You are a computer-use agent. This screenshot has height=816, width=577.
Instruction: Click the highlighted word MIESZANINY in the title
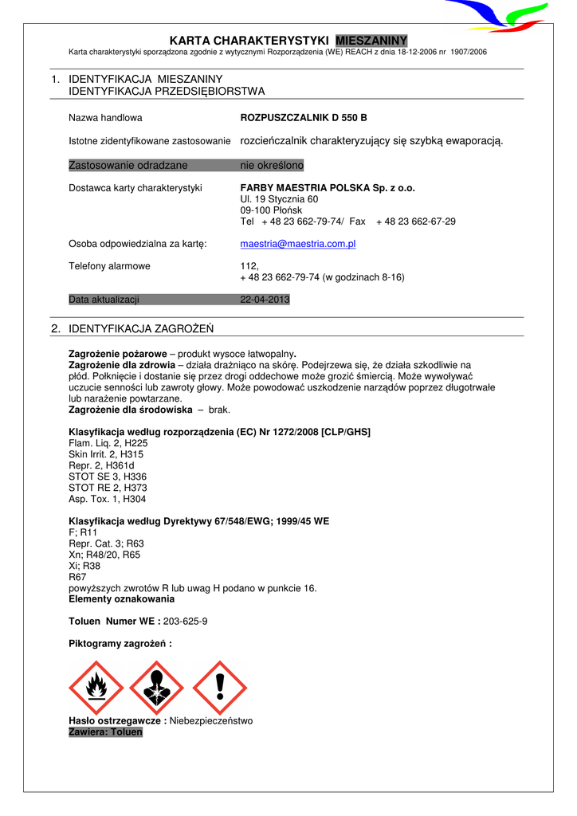(x=371, y=41)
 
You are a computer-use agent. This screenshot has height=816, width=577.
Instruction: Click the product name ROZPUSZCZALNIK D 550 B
(x=304, y=118)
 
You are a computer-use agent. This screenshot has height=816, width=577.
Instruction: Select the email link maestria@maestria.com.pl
(x=297, y=244)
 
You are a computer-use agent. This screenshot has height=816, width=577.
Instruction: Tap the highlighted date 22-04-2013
(x=265, y=300)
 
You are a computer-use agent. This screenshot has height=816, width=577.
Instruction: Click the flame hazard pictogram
(x=97, y=687)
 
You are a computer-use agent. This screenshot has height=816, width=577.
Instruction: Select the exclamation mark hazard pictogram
(x=219, y=687)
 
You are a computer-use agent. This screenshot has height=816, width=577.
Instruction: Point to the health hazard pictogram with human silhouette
(x=158, y=687)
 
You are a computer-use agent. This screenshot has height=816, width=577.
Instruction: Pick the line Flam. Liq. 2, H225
(x=108, y=443)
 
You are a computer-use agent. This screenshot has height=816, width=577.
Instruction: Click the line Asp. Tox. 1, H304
(x=108, y=499)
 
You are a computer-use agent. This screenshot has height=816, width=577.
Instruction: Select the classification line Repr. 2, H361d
(x=102, y=465)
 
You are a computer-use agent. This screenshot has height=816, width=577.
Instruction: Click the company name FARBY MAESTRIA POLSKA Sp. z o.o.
(x=328, y=188)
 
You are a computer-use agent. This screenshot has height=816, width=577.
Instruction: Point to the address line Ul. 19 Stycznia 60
(x=279, y=199)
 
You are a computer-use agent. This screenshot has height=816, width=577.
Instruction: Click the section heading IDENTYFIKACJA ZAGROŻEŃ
(x=141, y=328)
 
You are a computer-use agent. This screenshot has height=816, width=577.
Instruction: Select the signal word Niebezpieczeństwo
(x=211, y=720)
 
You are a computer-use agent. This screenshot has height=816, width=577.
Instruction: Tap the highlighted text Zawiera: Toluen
(x=106, y=732)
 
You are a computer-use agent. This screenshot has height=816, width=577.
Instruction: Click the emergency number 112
(x=249, y=266)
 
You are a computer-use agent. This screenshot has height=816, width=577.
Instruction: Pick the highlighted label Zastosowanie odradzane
(x=128, y=165)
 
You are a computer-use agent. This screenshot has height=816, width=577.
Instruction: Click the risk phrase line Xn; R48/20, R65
(x=105, y=555)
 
